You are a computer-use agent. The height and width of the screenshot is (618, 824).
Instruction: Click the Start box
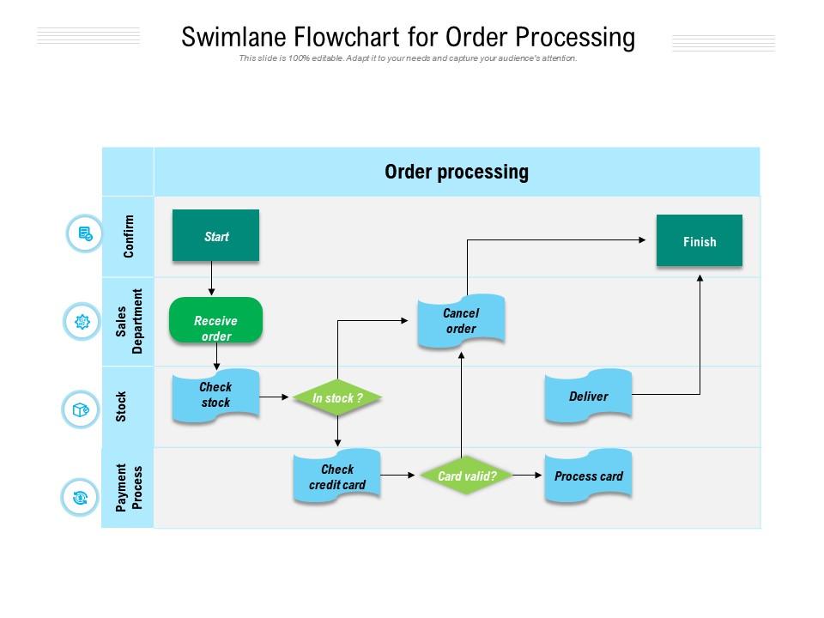(215, 236)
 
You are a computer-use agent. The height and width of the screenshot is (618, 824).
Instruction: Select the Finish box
(699, 241)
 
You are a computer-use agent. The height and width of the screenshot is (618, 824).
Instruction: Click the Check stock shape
(215, 395)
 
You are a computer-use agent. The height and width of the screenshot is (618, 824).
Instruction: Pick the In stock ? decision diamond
(337, 398)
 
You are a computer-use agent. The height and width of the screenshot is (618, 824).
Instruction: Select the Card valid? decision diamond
(462, 476)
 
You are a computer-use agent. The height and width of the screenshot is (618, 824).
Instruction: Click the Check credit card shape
(337, 476)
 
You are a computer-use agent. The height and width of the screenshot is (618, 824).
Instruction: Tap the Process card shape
(588, 476)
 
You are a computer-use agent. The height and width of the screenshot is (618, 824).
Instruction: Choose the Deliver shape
(588, 396)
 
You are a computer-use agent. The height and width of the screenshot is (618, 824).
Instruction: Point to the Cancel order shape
(461, 321)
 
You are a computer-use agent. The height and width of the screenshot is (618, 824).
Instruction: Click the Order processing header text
(456, 172)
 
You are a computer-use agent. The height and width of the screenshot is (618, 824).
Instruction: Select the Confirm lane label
(129, 236)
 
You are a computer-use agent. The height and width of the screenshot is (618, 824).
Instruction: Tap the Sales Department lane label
(129, 322)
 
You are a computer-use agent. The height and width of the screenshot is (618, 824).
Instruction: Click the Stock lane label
(122, 407)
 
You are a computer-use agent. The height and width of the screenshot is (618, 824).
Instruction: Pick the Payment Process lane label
(129, 488)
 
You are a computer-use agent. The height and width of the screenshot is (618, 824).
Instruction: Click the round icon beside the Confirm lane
(84, 233)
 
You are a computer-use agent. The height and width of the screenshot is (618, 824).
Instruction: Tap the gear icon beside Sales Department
(82, 322)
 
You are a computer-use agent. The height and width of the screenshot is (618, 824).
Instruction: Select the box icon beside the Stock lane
(81, 409)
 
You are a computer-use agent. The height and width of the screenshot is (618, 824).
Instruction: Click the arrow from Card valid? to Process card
(523, 476)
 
